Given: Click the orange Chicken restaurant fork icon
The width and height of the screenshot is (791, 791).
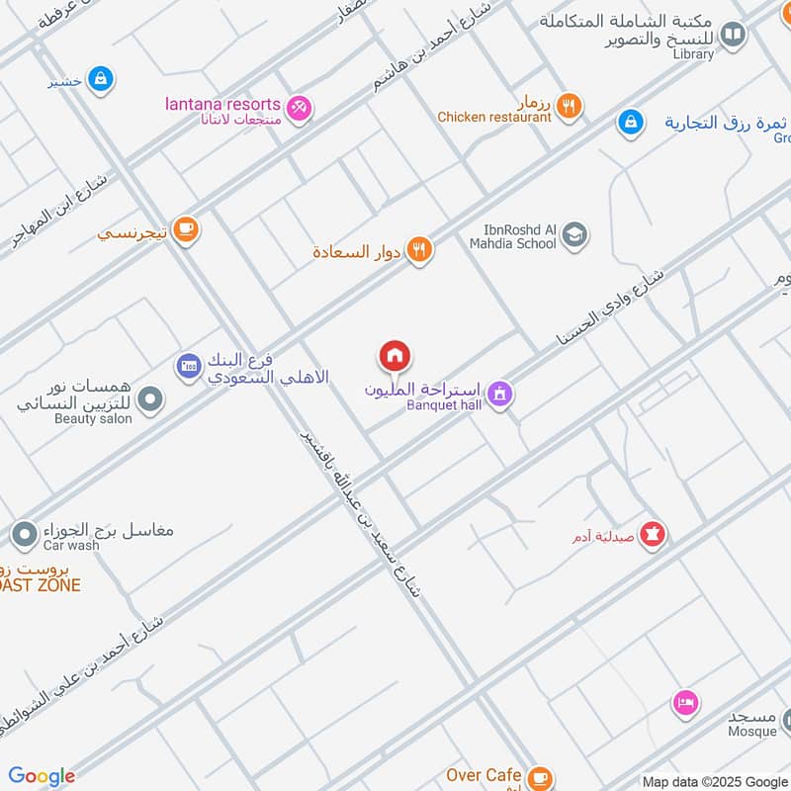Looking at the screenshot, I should [568, 106].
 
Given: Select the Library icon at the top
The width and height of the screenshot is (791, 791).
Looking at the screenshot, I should [733, 37].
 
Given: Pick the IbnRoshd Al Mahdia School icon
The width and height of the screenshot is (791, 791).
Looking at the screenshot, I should [574, 235].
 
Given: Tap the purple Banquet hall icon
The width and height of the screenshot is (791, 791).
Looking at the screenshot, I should [500, 394].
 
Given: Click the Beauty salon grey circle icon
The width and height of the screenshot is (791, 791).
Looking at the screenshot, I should [150, 399].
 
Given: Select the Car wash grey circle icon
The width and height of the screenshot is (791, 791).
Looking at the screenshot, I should [24, 535].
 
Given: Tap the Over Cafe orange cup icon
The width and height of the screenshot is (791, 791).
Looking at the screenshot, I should [539, 777].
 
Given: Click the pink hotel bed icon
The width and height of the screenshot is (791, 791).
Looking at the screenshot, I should [685, 703].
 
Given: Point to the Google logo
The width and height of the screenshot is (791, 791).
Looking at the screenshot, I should [42, 776].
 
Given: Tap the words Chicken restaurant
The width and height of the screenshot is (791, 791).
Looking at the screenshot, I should [493, 118].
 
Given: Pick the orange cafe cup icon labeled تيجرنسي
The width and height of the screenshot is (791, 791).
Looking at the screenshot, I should [185, 229].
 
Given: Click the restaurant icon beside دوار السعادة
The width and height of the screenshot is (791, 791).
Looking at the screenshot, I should [420, 251].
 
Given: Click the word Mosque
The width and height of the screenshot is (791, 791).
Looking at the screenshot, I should [752, 732].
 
